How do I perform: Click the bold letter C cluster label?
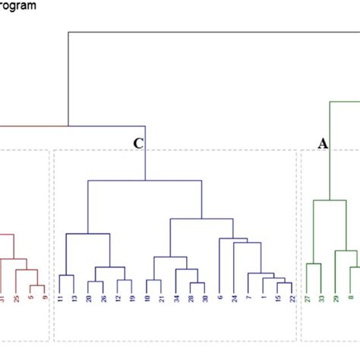tap(137, 143)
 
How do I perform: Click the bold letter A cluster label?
tap(323, 143)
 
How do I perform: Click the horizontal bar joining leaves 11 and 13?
tap(66, 275)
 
